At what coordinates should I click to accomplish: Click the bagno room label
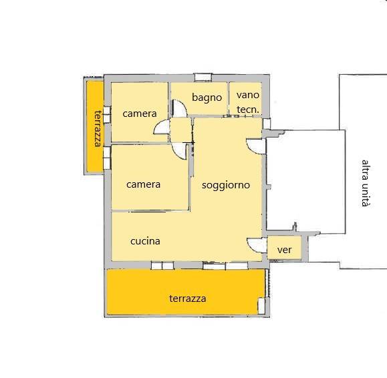(207, 98)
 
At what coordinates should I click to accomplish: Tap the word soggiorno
(226, 186)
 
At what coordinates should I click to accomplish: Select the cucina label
(145, 241)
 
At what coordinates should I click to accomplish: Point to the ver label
(284, 250)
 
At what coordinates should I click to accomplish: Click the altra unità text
(366, 183)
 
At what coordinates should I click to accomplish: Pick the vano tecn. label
(248, 102)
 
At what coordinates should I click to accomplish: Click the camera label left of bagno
(140, 114)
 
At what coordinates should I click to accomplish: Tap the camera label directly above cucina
(143, 184)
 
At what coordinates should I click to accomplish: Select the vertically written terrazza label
(98, 129)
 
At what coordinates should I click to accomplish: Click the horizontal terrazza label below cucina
(188, 299)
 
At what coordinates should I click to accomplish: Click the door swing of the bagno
(179, 108)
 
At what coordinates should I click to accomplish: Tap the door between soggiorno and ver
(257, 245)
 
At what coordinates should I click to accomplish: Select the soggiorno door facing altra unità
(256, 146)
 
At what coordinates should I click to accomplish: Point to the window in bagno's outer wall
(203, 77)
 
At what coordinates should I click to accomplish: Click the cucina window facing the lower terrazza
(162, 265)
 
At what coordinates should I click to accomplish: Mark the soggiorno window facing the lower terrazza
(225, 266)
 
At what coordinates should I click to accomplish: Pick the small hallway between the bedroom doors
(181, 130)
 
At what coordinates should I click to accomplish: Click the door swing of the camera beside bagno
(162, 127)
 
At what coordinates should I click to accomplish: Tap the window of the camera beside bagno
(107, 115)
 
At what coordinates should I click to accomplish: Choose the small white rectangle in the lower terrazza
(261, 306)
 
